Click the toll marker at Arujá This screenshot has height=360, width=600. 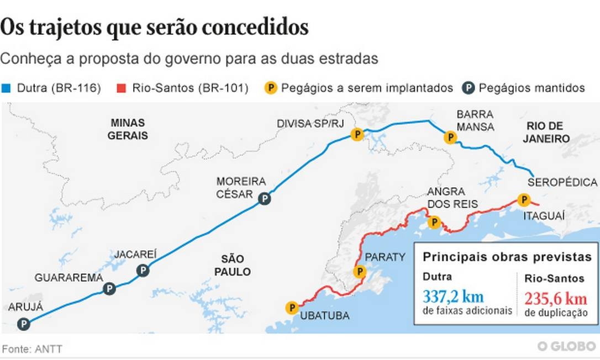click(23, 324)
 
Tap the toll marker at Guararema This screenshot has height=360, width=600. click(109, 288)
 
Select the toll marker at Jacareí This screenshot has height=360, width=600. click(143, 270)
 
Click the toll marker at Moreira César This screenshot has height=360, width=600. click(265, 199)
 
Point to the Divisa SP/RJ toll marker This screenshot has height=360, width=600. click(357, 134)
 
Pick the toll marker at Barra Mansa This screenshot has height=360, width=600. click(450, 137)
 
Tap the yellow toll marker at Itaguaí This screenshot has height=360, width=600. click(523, 199)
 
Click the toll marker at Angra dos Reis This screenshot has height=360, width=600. click(434, 223)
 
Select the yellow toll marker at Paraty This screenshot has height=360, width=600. click(360, 271)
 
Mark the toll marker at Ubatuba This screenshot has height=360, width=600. click(291, 308)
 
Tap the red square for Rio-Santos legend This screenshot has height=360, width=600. click(121, 88)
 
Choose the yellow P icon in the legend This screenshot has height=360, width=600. click(271, 88)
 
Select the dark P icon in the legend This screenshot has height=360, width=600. click(469, 88)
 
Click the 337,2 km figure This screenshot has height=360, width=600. click(453, 296)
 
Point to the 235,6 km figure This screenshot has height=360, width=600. click(556, 299)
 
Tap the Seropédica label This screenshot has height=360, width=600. click(562, 182)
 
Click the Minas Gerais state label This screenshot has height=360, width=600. click(128, 129)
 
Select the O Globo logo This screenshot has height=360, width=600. click(566, 346)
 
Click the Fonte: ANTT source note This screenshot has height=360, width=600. click(32, 349)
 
